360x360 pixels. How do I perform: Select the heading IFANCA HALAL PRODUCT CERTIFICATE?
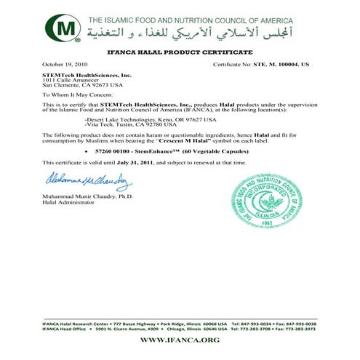[180, 54]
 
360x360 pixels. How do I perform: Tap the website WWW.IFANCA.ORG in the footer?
[180, 339]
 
